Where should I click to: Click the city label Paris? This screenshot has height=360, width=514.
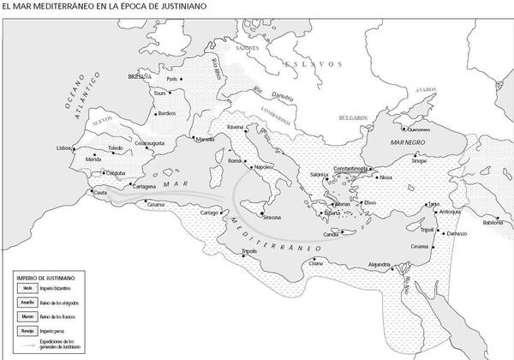pyautogui.click(x=170, y=79)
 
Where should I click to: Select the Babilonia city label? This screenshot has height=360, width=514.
pyautogui.click(x=493, y=223)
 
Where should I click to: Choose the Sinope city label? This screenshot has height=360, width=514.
pyautogui.click(x=419, y=160)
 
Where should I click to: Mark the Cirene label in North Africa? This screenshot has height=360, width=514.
pyautogui.click(x=318, y=263)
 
